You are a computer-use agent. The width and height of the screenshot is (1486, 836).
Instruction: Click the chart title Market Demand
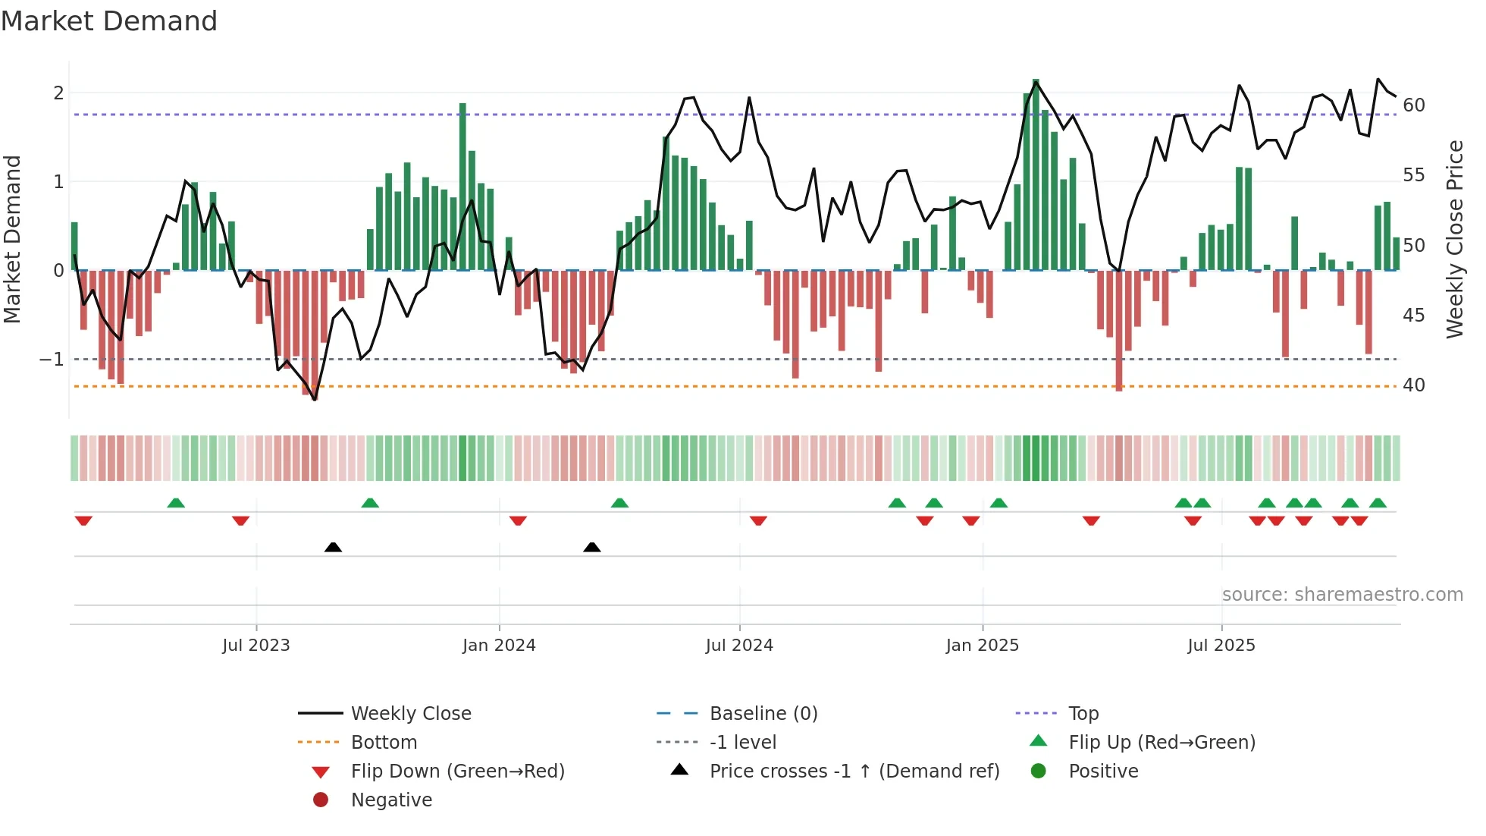[x=109, y=21]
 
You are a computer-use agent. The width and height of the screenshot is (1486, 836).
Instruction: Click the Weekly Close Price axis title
[x=1454, y=239]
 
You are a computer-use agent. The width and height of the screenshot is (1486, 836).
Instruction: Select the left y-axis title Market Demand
[x=12, y=239]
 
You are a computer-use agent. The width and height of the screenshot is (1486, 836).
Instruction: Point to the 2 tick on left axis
[x=58, y=93]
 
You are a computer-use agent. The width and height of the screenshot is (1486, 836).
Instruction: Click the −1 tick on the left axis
[x=52, y=359]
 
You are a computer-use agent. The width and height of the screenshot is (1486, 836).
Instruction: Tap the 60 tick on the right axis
[x=1414, y=105]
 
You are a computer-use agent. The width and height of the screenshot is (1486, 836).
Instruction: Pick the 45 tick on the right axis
[x=1414, y=315]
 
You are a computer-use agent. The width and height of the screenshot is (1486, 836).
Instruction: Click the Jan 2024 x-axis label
[x=499, y=646]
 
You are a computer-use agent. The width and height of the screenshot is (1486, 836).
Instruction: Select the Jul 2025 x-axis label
[x=1221, y=646]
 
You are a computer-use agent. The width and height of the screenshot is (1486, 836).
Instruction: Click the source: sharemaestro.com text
[x=1342, y=595]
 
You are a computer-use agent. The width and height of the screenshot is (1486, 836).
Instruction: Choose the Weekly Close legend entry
[x=410, y=714]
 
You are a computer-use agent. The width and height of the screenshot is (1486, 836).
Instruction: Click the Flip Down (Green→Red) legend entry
[x=457, y=772]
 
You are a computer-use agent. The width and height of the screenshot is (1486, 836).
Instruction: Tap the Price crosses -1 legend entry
[x=854, y=772]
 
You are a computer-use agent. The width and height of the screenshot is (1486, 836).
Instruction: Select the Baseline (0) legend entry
[x=763, y=714]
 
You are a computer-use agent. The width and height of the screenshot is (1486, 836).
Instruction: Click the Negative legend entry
[x=391, y=800]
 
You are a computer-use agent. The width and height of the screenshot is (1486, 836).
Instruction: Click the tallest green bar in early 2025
[x=1036, y=174]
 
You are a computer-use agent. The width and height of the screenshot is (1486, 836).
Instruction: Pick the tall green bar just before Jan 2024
[x=462, y=186]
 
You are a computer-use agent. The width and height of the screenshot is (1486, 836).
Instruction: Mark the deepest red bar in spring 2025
[x=1119, y=330]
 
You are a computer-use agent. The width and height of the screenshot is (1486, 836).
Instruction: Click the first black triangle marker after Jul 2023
[x=333, y=547]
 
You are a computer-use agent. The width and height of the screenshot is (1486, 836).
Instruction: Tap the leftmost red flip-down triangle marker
[x=83, y=520]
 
